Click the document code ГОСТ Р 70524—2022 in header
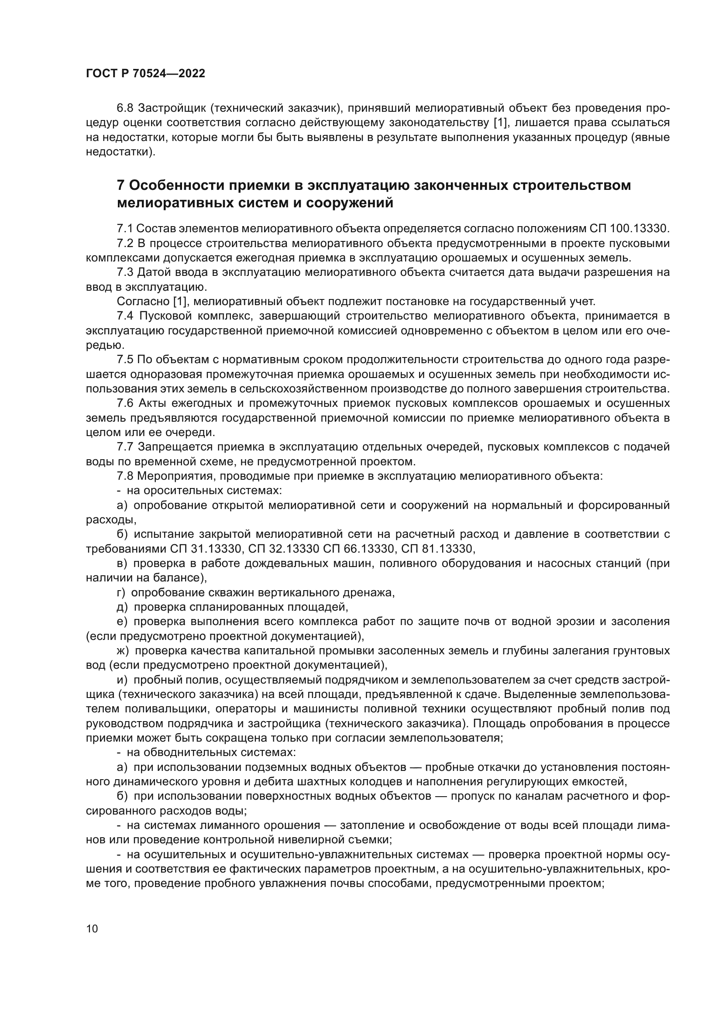tap(145, 74)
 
